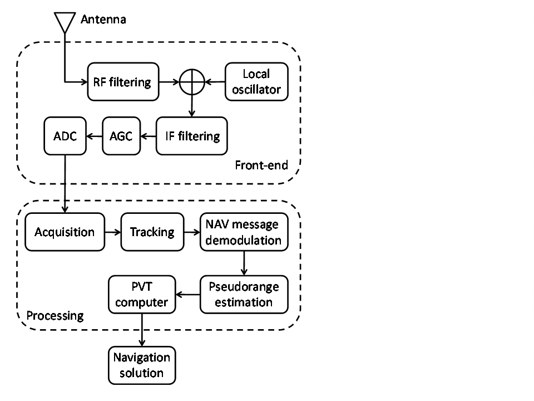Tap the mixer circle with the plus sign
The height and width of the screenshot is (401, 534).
(191, 82)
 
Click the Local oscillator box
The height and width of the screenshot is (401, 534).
(256, 81)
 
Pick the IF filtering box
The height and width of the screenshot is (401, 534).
(192, 136)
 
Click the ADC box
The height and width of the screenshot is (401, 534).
(65, 136)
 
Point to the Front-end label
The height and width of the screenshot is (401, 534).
(261, 165)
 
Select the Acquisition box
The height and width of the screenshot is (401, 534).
(65, 232)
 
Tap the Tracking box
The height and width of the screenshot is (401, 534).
(152, 232)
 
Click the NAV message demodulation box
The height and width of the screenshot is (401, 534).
(244, 232)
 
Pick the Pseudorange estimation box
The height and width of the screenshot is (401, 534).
(244, 294)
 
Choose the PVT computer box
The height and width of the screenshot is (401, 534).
(142, 294)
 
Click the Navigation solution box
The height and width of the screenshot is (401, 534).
(142, 365)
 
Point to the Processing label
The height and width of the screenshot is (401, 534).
(55, 316)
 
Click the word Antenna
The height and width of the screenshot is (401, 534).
(103, 20)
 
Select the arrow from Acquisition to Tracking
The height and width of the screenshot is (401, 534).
(112, 232)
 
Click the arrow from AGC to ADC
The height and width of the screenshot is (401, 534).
(93, 136)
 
